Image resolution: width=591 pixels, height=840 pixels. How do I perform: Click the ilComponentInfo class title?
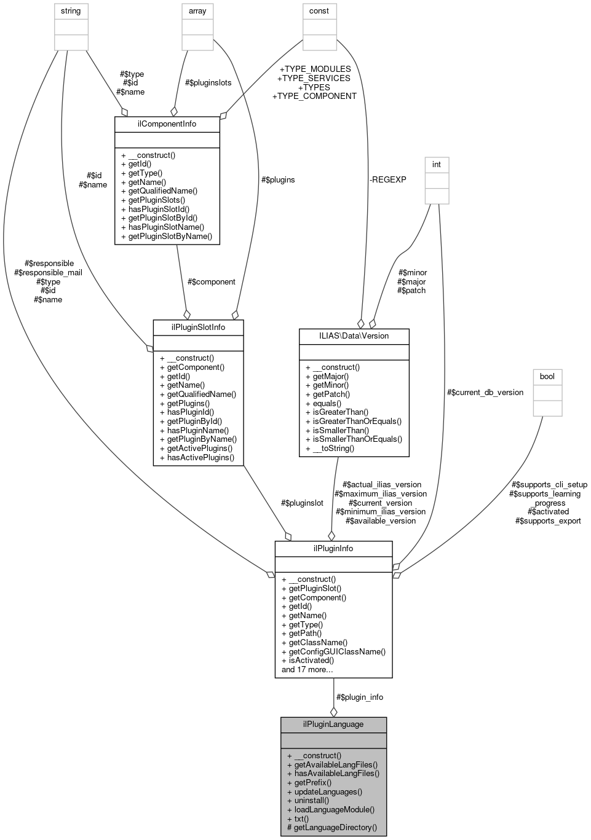click(167, 124)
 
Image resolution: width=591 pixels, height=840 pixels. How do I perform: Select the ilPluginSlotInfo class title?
click(198, 327)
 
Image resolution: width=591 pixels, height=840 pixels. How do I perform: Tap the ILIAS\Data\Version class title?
click(354, 336)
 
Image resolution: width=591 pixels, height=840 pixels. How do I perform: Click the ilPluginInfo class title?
click(333, 548)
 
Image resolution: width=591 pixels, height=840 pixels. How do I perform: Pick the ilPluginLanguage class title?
click(333, 724)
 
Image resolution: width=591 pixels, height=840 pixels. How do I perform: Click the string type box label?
click(71, 11)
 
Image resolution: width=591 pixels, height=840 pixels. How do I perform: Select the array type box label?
click(197, 11)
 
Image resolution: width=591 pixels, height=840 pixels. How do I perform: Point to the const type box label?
click(319, 11)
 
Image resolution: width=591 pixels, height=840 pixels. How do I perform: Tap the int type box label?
click(437, 165)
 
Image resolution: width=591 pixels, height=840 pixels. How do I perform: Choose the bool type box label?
click(547, 376)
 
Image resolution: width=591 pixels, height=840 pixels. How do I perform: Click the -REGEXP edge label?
click(387, 179)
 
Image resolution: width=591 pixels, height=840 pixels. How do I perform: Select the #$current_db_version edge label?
click(485, 392)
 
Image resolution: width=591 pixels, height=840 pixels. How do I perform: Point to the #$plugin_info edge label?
click(360, 697)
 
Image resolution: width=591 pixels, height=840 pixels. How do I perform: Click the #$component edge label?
click(211, 281)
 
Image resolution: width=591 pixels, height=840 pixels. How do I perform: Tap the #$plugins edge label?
click(278, 179)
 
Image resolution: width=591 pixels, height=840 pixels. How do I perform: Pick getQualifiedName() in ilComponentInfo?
click(159, 191)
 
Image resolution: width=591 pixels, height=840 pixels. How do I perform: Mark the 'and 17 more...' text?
click(307, 669)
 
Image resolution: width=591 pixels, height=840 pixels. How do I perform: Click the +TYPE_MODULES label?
click(315, 69)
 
